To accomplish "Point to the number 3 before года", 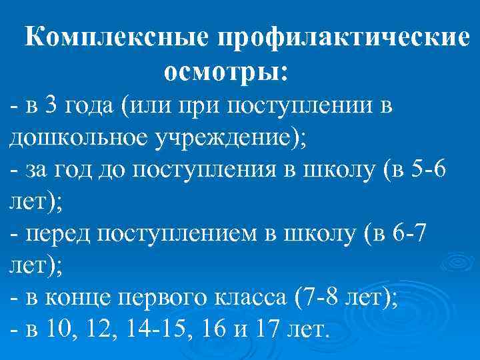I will point(53,105).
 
